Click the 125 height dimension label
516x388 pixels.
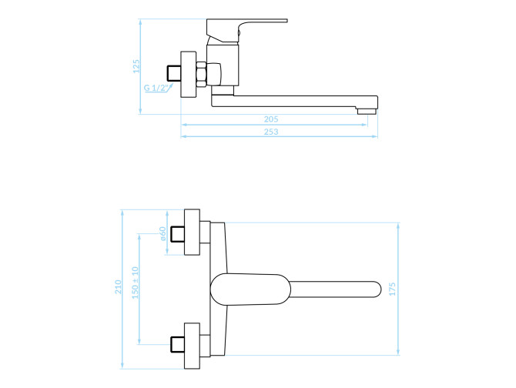pyautogui.click(x=136, y=66)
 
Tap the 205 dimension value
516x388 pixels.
pyautogui.click(x=271, y=119)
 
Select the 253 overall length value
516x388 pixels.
pyautogui.click(x=271, y=132)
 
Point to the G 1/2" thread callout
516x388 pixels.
pyautogui.click(x=156, y=88)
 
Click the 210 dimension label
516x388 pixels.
pyautogui.click(x=118, y=286)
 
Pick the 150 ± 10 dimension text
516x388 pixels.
pyautogui.click(x=136, y=283)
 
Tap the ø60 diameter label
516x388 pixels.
pyautogui.click(x=163, y=233)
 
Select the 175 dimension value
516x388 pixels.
pyautogui.click(x=392, y=289)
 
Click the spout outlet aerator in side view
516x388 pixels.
pyautogui.click(x=367, y=112)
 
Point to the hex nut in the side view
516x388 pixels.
pyautogui.click(x=201, y=75)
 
